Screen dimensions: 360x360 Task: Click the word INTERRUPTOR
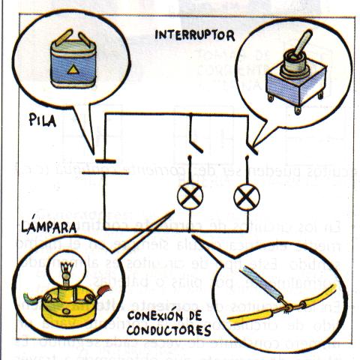[194, 35]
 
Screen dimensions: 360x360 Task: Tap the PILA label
[46, 119]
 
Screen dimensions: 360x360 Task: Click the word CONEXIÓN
[158, 315]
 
